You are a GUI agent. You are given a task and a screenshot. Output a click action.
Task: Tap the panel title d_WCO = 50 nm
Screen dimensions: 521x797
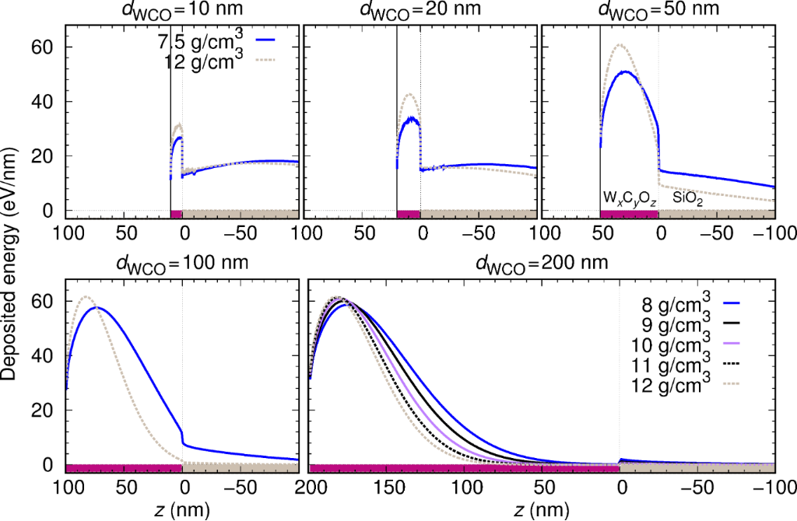point(658,11)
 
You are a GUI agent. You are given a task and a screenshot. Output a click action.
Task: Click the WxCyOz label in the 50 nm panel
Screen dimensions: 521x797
point(629,198)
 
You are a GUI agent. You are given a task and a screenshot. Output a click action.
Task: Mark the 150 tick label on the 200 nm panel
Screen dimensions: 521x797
point(388,488)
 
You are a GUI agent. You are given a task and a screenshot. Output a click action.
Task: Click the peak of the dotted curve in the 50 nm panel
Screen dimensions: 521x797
point(620,45)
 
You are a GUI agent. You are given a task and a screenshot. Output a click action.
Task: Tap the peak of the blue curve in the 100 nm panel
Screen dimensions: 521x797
point(97,307)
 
